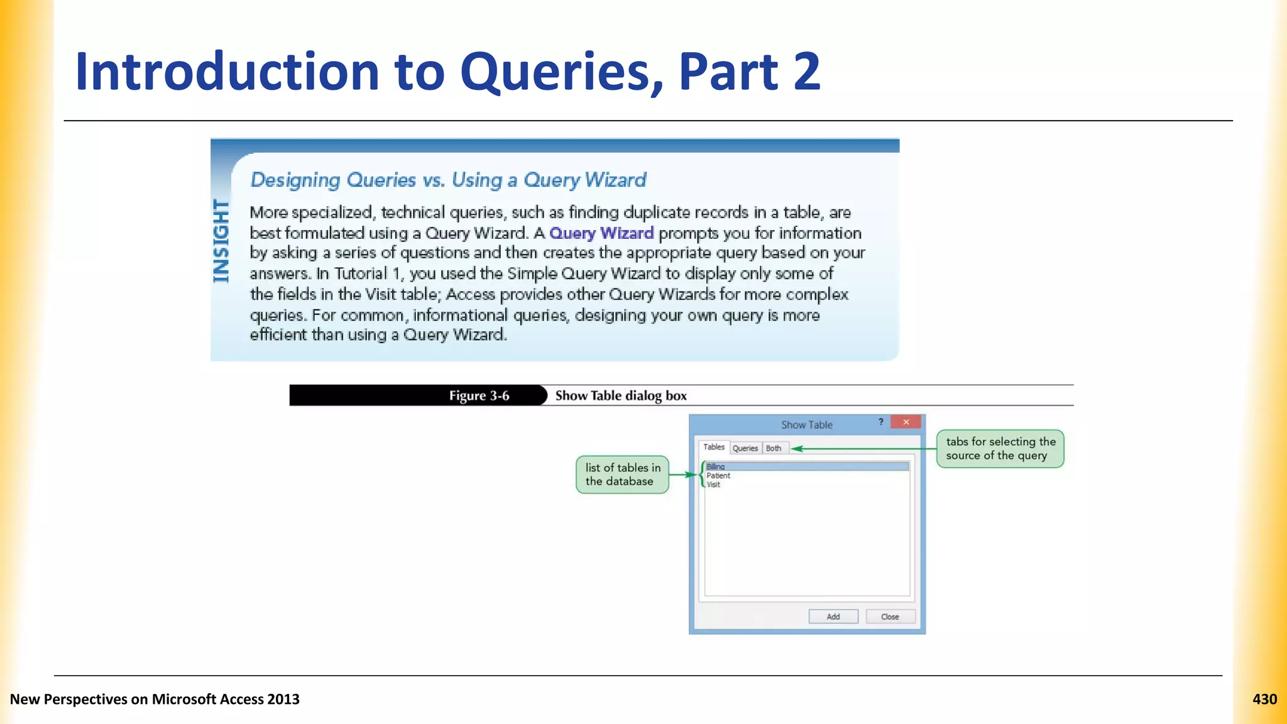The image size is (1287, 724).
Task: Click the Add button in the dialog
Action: pos(833,617)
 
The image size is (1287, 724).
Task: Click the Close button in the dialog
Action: pos(890,617)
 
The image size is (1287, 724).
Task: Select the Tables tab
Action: pos(714,447)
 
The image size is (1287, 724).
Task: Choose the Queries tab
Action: pos(745,448)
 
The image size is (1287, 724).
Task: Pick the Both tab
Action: pos(774,448)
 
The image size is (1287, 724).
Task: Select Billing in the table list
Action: pos(716,466)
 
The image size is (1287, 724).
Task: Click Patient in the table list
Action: pos(718,476)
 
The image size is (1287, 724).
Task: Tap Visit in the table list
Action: pos(713,485)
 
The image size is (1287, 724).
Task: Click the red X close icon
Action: pos(906,422)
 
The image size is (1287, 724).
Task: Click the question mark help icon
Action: pos(881,422)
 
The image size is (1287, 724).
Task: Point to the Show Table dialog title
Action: pos(806,425)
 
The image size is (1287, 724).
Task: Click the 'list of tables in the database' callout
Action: pos(622,474)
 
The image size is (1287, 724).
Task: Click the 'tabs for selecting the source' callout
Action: pos(1000,449)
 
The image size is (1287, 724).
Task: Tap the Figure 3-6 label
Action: pos(479,395)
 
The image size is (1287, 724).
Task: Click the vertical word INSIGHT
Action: pos(221,241)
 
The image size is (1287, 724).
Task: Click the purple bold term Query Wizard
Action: pos(601,233)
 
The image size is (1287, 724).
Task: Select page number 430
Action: pos(1264,699)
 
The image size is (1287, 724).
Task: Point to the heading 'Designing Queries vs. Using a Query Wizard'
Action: pos(448,180)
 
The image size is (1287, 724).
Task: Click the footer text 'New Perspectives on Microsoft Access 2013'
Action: pos(155,699)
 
